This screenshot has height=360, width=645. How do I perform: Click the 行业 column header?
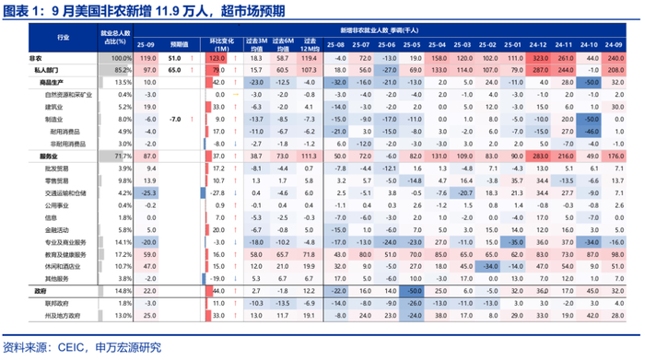[x=62, y=37]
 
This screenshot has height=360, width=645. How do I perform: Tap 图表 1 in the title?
[x=20, y=11]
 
